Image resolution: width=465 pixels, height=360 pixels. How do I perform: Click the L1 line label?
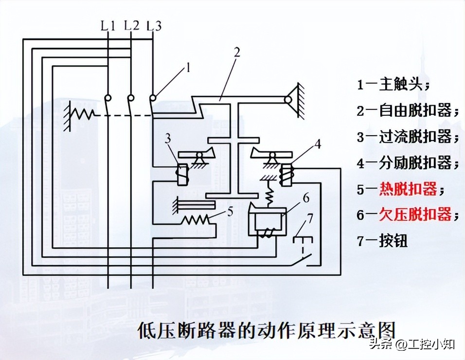[x=107, y=26]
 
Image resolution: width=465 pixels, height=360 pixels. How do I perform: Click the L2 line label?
[x=130, y=25]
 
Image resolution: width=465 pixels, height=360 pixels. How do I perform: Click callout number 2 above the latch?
[x=236, y=53]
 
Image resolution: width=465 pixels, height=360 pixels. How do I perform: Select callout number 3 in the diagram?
[x=168, y=139]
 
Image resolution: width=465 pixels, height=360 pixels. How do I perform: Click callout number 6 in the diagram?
[x=305, y=198]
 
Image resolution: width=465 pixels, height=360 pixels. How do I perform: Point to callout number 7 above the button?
[x=310, y=217]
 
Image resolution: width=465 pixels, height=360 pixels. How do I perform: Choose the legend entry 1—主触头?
[x=393, y=85]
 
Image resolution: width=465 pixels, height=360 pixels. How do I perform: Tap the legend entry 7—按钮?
[x=382, y=241]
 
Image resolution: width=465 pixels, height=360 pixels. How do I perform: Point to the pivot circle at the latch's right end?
[x=288, y=100]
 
